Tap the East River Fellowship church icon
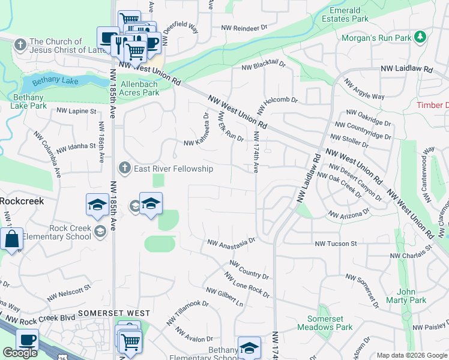point(125,167)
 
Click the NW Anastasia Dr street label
point(232,242)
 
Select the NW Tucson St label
point(336,244)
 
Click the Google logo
point(20,353)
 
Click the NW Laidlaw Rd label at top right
point(406,70)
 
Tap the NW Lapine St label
point(76,111)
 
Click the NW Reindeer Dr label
point(244,28)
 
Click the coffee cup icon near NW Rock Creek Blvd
point(26,340)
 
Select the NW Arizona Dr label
point(349,214)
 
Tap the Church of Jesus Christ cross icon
point(20,45)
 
